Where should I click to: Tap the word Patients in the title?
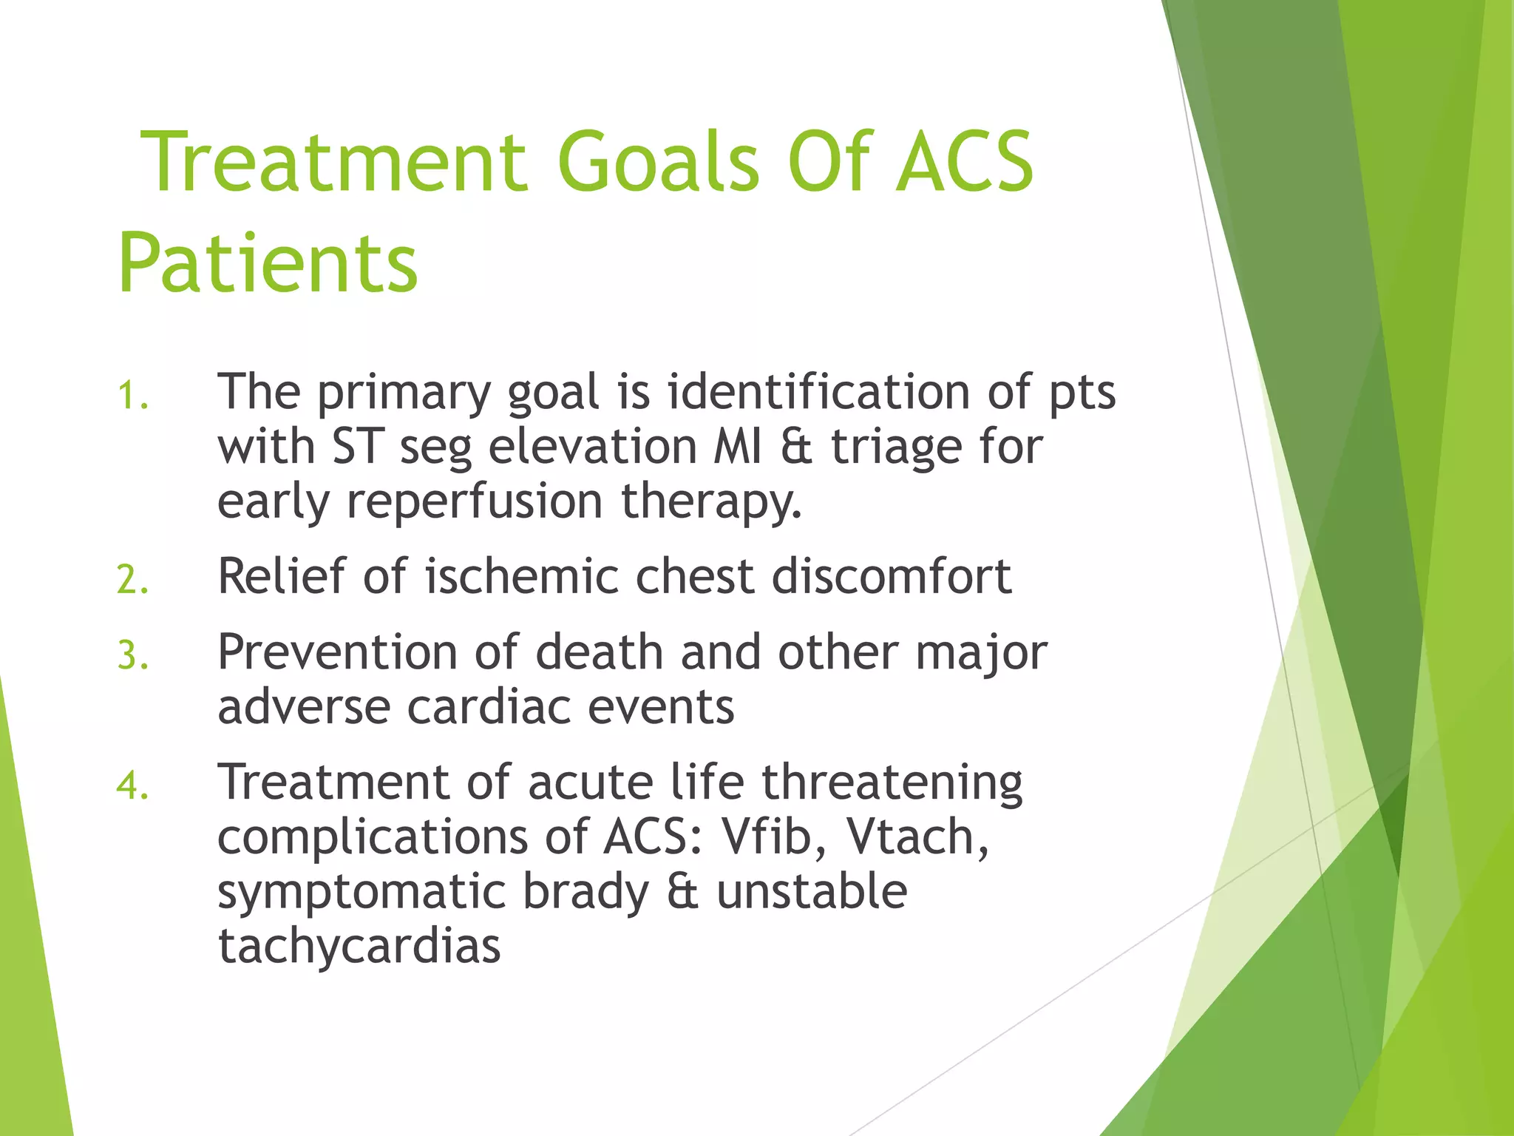pos(268,263)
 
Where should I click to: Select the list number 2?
pos(132,580)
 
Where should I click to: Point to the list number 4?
pos(132,785)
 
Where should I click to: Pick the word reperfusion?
pos(475,501)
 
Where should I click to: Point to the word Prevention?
pos(337,652)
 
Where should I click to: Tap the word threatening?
pos(892,782)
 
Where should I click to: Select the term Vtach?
pos(917,836)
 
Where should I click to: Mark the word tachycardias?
pos(359,946)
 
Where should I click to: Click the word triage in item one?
pos(896,448)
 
